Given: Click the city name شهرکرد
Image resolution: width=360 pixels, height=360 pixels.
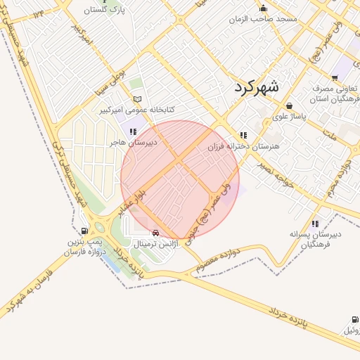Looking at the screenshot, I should pos(254,87).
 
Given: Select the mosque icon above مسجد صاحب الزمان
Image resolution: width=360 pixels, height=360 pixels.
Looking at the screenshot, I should pos(264,8).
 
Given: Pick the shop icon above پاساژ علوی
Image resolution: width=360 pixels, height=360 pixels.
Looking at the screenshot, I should pos(290,106).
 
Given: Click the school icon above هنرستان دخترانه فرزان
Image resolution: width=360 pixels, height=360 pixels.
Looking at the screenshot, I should pos(243,135).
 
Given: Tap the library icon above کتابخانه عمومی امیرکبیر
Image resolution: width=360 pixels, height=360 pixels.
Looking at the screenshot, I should pos(137,99).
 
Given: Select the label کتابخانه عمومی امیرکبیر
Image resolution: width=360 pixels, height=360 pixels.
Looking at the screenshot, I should pos(137,110).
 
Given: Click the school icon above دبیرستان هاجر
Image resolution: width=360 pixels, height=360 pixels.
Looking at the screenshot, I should pos(132,130).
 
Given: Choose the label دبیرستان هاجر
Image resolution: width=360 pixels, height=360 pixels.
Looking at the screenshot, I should pos(132,141).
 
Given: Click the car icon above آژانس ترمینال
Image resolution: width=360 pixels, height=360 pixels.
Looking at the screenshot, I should pos(155,233).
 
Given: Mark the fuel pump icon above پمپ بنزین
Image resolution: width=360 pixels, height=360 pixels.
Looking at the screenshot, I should pos(85,231).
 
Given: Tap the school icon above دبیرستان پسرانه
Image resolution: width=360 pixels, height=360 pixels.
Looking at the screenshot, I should pos(315,224).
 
